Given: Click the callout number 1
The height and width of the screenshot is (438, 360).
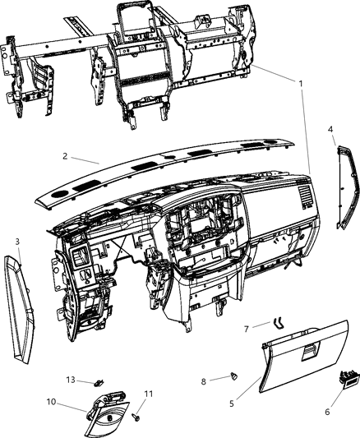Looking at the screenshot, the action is (x=301, y=84).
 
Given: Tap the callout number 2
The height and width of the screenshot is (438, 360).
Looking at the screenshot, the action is (x=65, y=156).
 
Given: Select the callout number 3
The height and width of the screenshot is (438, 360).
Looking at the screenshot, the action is (x=17, y=242).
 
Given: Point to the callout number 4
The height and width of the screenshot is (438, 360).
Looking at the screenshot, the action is (x=330, y=129).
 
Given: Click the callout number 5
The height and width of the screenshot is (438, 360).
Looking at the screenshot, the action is (x=232, y=403).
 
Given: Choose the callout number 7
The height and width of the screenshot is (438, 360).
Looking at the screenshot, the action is (x=246, y=330).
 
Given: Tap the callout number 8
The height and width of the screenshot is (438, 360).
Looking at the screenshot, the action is (x=204, y=381).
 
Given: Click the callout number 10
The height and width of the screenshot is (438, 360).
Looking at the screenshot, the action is (x=52, y=402).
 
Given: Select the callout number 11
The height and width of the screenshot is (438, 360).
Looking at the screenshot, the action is (x=149, y=394).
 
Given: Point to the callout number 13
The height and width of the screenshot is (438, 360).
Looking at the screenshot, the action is (x=71, y=380).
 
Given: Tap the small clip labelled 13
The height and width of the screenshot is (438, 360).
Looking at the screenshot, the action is (x=99, y=382).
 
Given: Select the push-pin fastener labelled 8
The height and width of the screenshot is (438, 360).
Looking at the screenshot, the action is (x=233, y=376).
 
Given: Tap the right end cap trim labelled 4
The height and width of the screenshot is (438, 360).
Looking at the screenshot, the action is (x=347, y=187).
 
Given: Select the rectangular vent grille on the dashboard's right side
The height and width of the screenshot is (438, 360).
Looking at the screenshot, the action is (x=306, y=196).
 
